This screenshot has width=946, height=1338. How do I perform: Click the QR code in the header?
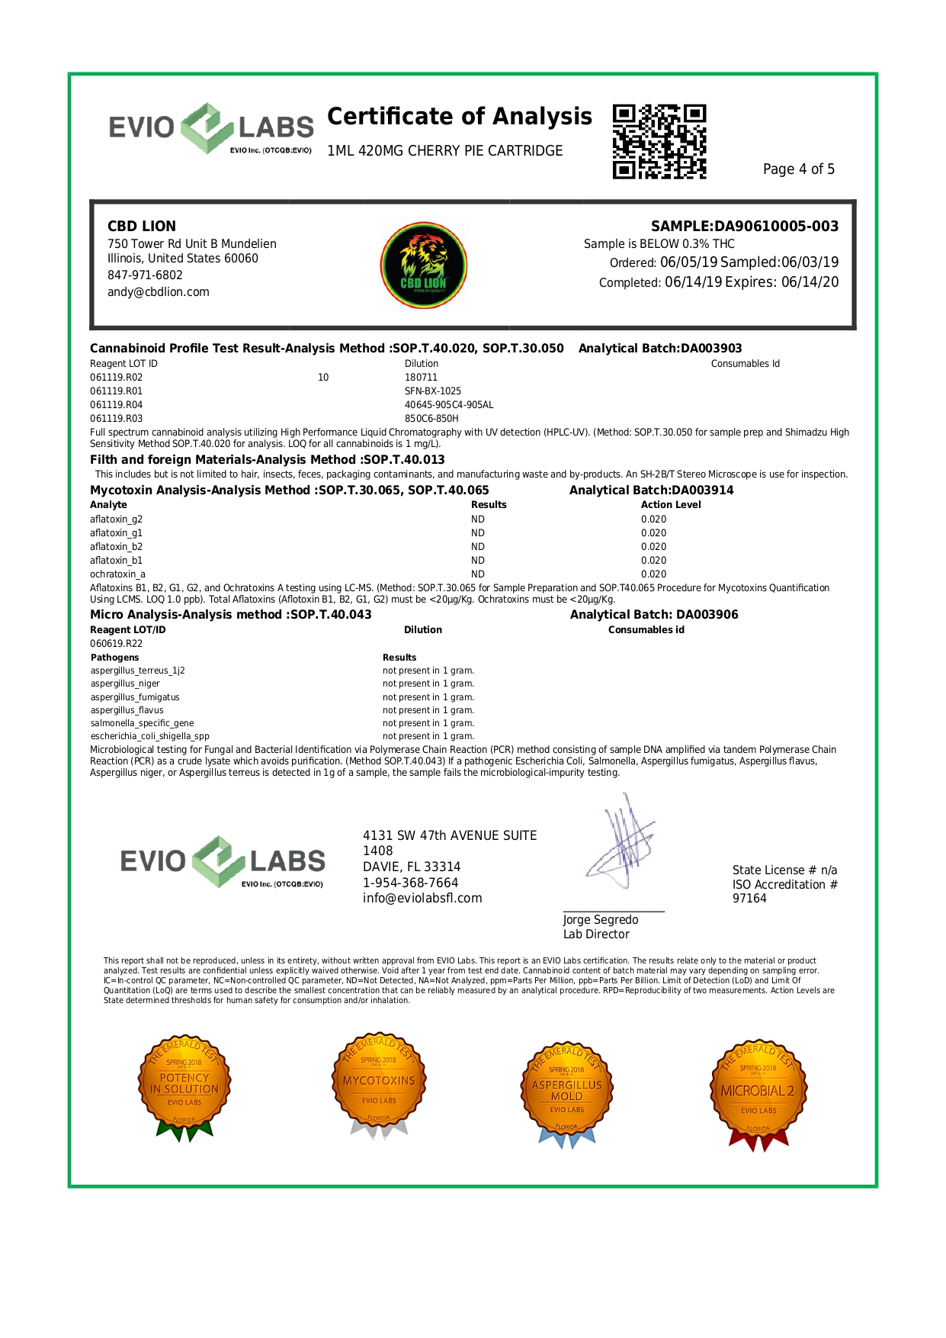(659, 142)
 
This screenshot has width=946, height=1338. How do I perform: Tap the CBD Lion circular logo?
(424, 265)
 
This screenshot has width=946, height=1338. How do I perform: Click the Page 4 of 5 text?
(798, 169)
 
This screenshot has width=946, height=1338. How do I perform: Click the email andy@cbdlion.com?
(159, 292)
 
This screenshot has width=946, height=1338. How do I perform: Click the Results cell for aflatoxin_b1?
(478, 561)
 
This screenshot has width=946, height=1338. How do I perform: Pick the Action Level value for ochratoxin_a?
(653, 574)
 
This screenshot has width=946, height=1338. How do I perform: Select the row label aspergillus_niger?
(125, 684)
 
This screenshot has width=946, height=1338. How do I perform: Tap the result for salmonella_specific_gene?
(428, 723)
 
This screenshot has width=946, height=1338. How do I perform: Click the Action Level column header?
(671, 505)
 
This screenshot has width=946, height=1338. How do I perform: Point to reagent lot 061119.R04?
(117, 405)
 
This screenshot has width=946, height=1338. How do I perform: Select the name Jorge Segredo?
(601, 920)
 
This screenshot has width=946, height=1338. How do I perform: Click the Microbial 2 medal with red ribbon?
(758, 1092)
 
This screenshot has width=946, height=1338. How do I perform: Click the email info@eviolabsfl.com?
(422, 899)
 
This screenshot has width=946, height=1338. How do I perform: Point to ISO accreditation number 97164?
(749, 899)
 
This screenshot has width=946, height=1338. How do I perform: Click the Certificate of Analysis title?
(459, 117)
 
